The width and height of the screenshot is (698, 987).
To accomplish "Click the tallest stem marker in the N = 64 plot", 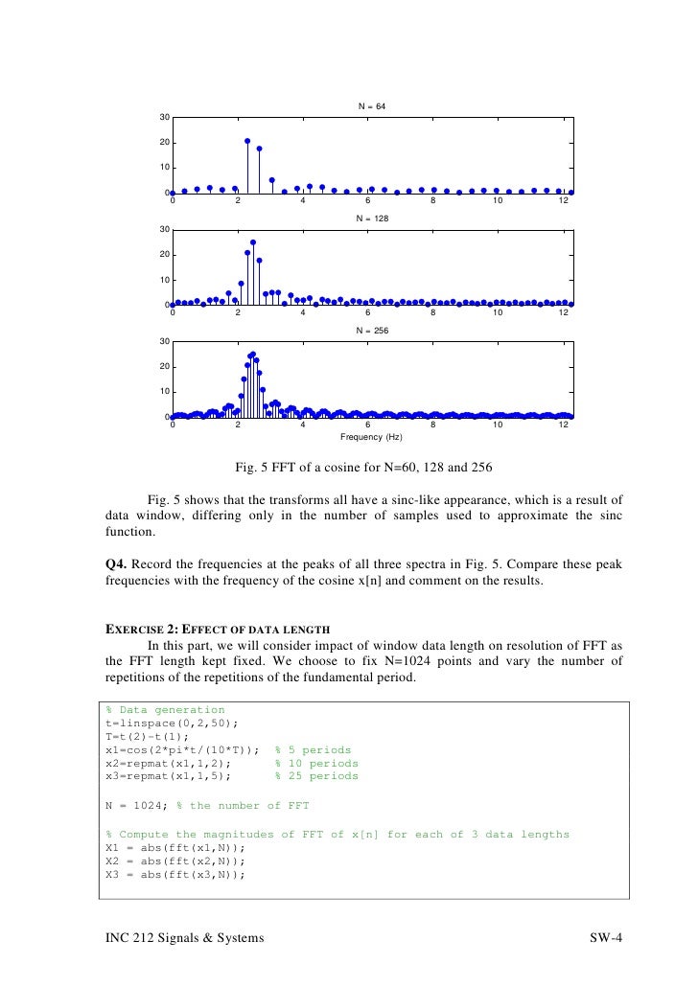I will click(247, 141).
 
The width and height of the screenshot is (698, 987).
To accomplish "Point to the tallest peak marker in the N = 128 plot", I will click(253, 242).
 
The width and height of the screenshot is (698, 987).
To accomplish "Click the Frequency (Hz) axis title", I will click(371, 436).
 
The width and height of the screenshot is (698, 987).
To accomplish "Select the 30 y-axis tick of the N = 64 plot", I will click(164, 117).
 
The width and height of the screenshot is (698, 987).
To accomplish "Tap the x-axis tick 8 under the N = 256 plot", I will click(432, 425).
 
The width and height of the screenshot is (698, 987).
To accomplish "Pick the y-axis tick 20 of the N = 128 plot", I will click(164, 255).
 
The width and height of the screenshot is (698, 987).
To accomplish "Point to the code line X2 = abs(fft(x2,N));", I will click(175, 861).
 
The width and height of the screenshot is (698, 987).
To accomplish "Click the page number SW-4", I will click(605, 937).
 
